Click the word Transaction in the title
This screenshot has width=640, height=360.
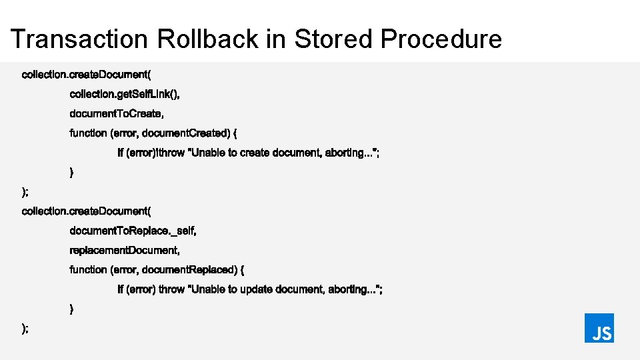click(x=79, y=39)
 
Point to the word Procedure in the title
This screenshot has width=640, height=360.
click(x=441, y=39)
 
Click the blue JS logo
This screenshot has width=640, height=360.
click(x=599, y=328)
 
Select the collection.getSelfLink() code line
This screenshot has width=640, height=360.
click(x=125, y=94)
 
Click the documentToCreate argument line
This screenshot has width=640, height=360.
click(x=117, y=113)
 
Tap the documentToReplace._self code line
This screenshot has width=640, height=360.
click(x=133, y=231)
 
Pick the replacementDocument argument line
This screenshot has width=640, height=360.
click(x=125, y=250)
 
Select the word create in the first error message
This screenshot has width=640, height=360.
click(x=254, y=153)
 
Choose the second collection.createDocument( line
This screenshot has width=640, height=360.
click(x=87, y=211)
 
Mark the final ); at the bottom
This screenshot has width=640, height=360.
click(x=25, y=328)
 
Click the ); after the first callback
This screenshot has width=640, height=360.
click(x=25, y=192)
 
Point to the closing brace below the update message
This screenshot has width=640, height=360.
click(x=72, y=309)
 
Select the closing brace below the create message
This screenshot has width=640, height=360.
click(x=72, y=172)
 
